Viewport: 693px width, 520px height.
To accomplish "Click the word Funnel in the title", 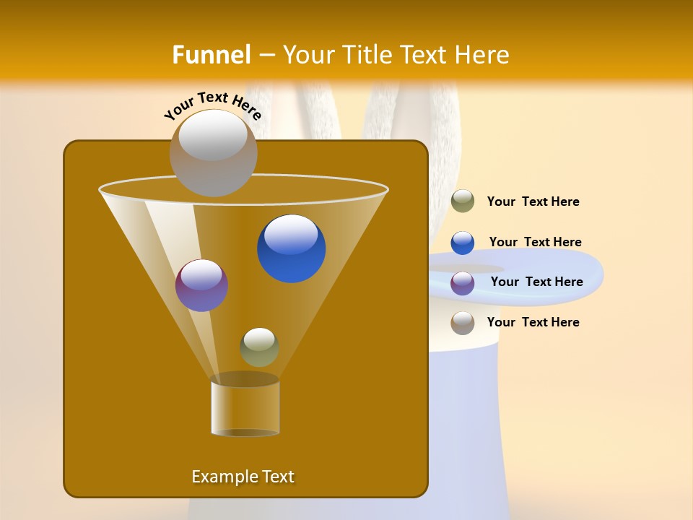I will click(211, 55).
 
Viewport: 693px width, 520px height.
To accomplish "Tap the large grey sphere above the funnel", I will click(213, 152).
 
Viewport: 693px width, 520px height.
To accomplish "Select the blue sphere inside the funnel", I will click(291, 248).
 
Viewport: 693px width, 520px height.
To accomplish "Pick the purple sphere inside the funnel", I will click(201, 285).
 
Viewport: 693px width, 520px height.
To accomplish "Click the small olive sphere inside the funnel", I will click(259, 347).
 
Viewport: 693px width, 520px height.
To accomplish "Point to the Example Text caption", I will click(243, 477).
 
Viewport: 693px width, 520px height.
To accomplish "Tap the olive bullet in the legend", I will click(463, 201).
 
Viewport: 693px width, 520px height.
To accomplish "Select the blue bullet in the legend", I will click(463, 243).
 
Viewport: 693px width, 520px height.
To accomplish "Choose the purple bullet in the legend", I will click(463, 283).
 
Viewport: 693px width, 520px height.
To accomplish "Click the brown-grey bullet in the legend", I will click(463, 323).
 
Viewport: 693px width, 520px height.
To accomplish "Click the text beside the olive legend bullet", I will click(533, 201).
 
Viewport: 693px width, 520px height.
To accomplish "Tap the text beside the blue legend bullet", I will click(535, 242).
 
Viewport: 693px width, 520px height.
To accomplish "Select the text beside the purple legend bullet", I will click(536, 282).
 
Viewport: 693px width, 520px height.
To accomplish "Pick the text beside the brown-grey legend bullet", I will click(533, 322).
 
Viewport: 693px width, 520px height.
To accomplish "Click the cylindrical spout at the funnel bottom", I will click(245, 408).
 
